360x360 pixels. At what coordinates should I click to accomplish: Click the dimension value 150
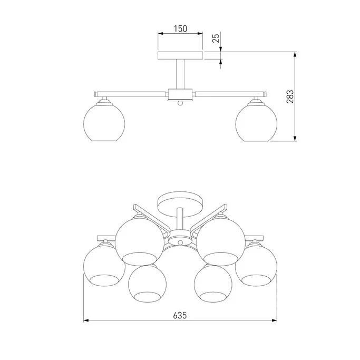pos(180,28)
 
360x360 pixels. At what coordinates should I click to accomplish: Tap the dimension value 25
pos(216,37)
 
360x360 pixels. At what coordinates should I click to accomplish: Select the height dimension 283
pos(290,96)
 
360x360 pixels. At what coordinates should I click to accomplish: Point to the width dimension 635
pos(180,315)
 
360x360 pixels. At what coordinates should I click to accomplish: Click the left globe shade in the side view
pos(104,122)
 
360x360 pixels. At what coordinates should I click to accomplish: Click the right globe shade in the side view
pos(256,122)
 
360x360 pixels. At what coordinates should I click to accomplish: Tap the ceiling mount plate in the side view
pos(180,55)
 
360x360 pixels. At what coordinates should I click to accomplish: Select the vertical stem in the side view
pos(180,74)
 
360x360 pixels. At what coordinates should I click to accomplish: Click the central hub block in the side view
pos(180,94)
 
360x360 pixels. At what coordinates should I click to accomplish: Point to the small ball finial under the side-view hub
pos(180,103)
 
